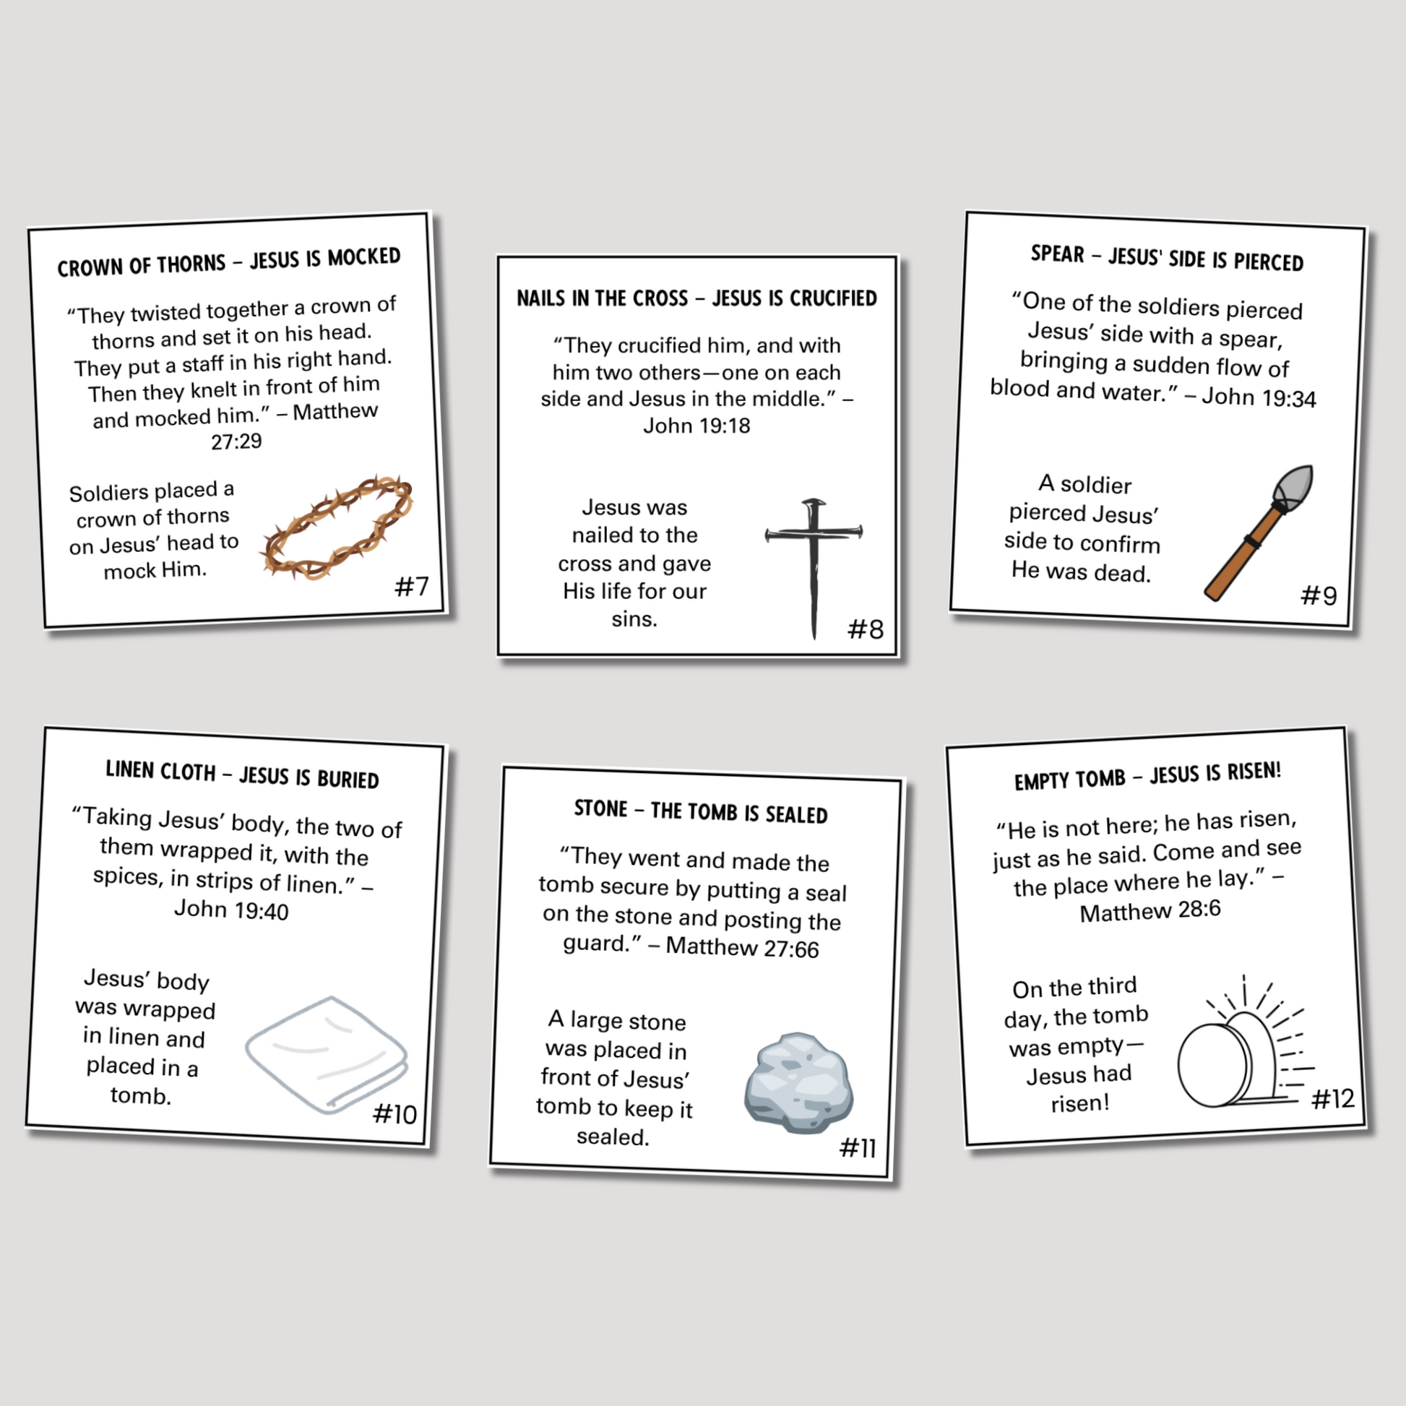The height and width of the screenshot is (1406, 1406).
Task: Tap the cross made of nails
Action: (814, 568)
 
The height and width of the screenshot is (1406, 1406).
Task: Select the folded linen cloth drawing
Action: (327, 1055)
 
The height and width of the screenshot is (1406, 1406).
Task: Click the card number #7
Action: (411, 586)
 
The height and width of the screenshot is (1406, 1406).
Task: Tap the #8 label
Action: (866, 629)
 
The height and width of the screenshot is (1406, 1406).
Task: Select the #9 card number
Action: (1319, 596)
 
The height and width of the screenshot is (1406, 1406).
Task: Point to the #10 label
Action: (394, 1114)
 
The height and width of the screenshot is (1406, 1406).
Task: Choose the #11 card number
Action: (858, 1148)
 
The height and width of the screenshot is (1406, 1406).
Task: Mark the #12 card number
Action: (1332, 1099)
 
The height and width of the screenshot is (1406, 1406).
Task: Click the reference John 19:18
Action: (696, 426)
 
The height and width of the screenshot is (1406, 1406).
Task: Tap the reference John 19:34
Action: (1259, 397)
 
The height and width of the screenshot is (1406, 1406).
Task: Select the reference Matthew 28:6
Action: (1150, 911)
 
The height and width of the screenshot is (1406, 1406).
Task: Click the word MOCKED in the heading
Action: (364, 257)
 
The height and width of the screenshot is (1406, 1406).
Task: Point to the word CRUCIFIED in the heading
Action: (833, 298)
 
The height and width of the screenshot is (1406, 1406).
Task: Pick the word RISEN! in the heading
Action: (1253, 771)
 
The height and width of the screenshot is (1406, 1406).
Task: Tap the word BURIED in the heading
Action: (348, 780)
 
